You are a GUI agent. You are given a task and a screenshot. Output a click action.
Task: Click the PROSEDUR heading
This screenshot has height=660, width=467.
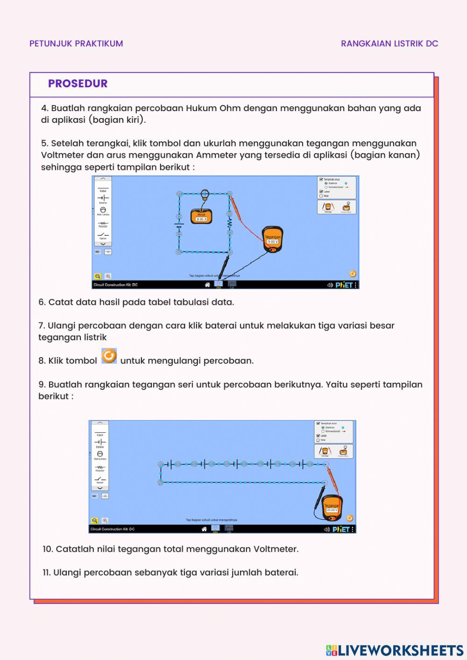78,84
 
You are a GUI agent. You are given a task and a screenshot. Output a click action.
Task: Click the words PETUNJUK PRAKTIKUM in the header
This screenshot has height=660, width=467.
76,43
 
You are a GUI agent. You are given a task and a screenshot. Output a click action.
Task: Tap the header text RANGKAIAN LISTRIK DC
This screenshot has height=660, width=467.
389,43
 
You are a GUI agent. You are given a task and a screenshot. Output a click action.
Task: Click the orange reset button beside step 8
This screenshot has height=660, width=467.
109,356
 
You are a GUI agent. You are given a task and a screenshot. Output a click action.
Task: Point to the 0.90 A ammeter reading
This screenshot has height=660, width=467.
201,219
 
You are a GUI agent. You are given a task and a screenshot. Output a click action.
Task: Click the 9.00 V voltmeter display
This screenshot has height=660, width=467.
272,242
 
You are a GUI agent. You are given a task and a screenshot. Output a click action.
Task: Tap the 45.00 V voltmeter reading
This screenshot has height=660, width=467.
332,510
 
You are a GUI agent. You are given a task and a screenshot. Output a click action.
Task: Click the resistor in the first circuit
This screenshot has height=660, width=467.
230,223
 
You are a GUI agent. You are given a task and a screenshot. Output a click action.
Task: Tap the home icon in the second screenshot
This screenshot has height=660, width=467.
204,529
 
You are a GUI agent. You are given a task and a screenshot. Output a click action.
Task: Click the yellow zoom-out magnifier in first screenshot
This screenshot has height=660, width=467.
98,276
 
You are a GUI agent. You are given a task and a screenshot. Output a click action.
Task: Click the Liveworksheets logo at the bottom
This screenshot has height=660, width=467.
395,650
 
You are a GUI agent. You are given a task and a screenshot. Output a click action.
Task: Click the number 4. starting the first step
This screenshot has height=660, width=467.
44,108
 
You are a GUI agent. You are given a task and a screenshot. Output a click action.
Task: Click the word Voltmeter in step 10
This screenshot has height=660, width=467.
276,549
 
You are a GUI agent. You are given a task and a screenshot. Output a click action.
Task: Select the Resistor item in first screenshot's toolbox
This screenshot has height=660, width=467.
103,224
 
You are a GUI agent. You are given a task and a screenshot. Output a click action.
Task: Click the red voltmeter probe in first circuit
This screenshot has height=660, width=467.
238,210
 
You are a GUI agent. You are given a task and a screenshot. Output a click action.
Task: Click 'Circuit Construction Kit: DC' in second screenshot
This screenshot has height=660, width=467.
113,529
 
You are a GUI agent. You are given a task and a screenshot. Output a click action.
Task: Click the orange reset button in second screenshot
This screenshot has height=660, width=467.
350,518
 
